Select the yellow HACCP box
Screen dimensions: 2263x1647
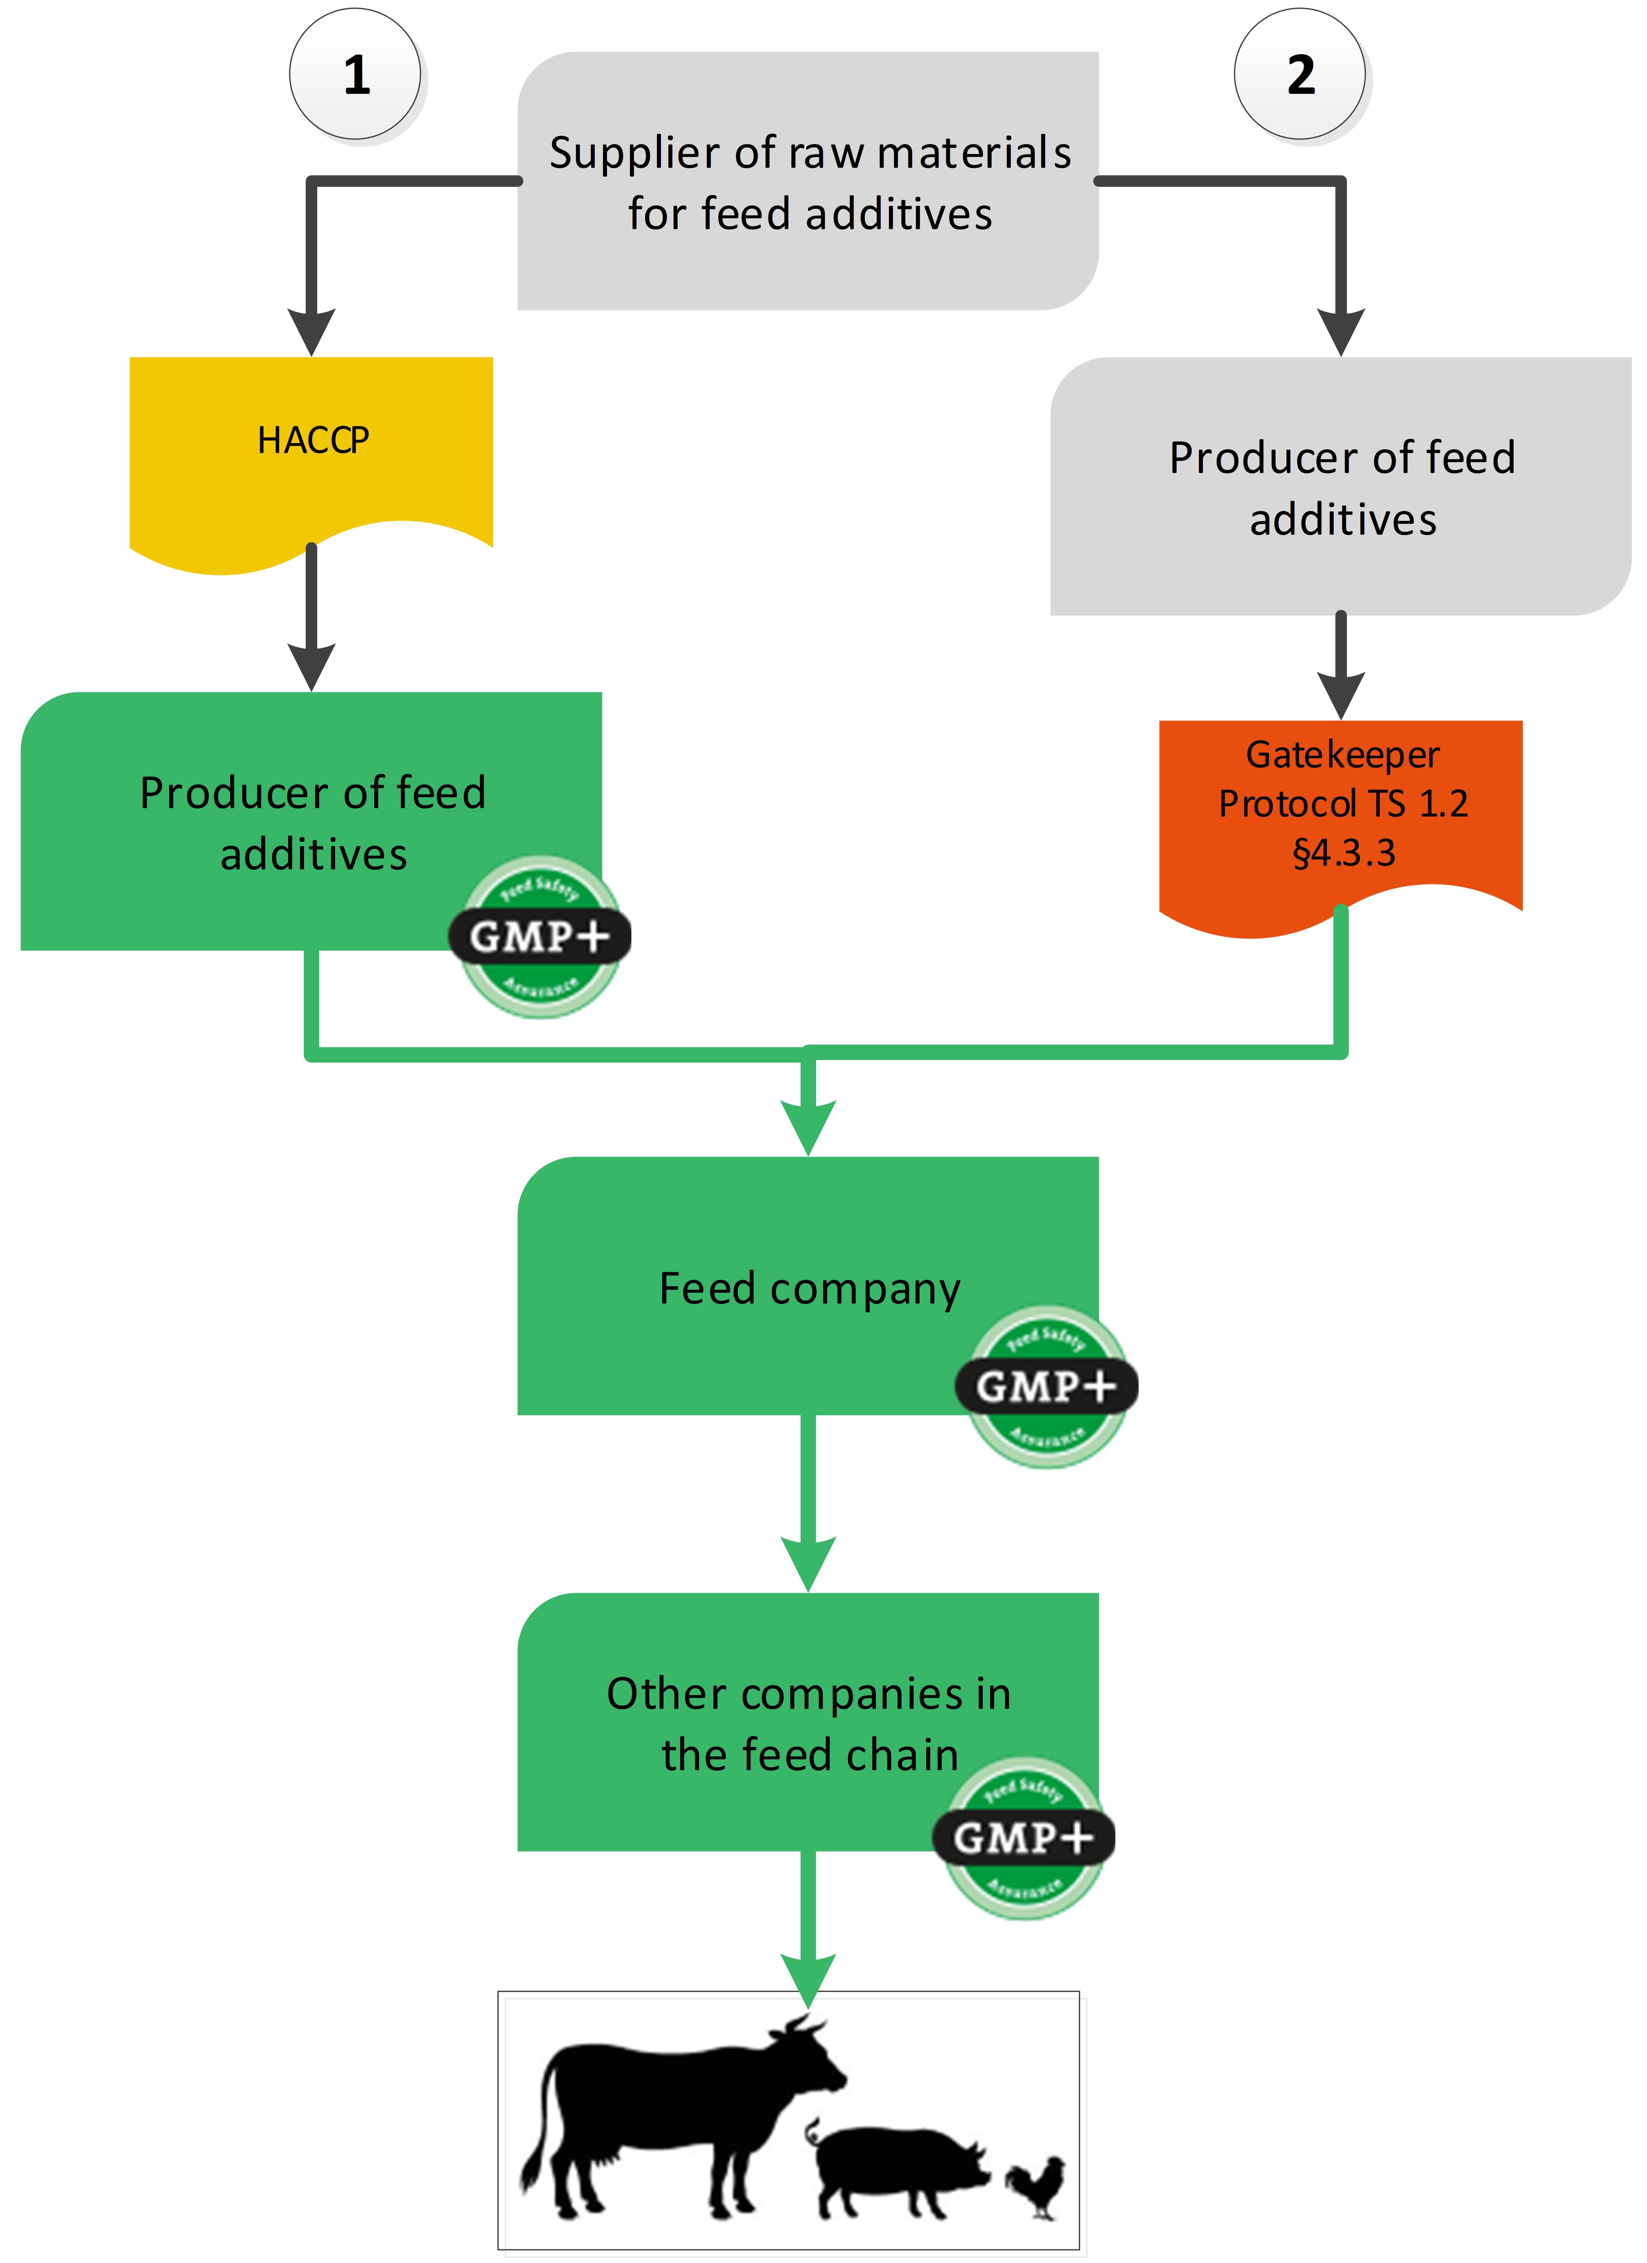pyautogui.click(x=311, y=449)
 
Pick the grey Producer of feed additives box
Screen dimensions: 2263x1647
pyautogui.click(x=1341, y=487)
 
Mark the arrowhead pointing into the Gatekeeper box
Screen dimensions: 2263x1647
pyautogui.click(x=1341, y=693)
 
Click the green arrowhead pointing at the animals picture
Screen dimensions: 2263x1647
pyautogui.click(x=808, y=1981)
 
